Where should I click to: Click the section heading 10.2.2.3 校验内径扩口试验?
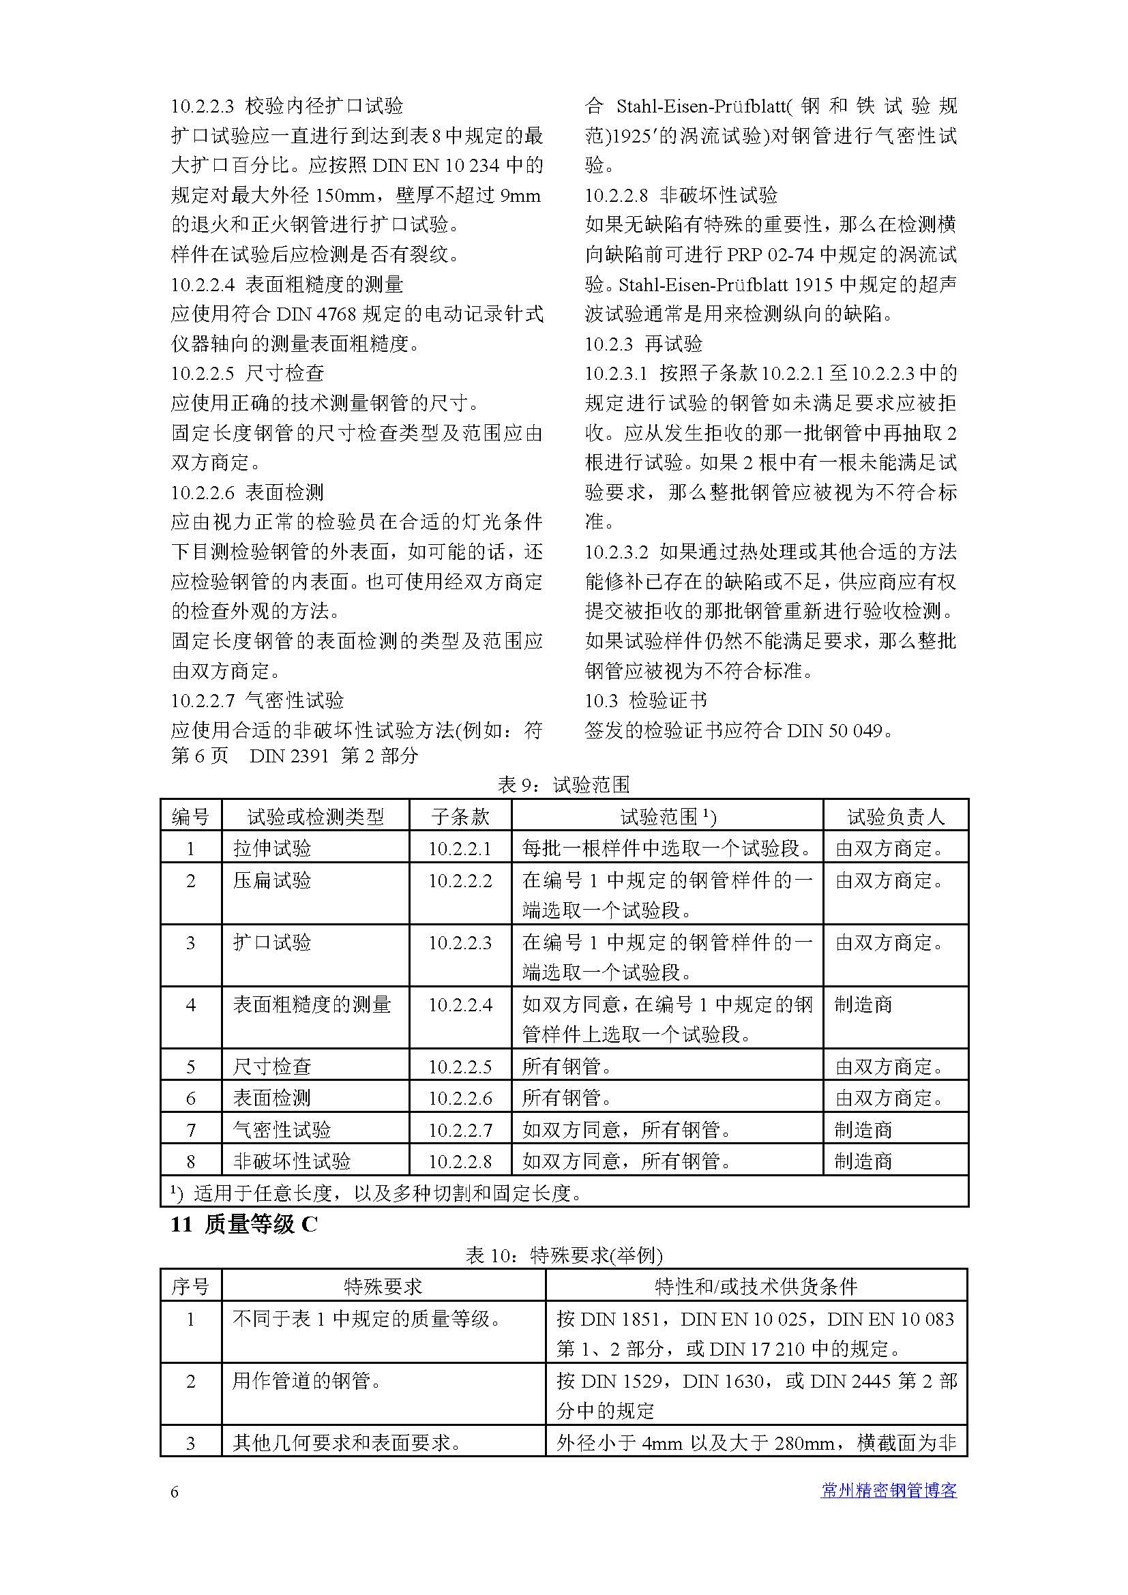[x=287, y=106]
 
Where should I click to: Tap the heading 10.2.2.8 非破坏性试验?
[x=681, y=195]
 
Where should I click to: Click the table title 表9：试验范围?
[x=563, y=786]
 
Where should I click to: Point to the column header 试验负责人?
[x=895, y=816]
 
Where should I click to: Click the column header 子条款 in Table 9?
[x=460, y=816]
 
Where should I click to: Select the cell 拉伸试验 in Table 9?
[x=272, y=848]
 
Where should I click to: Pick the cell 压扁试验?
[x=272, y=881]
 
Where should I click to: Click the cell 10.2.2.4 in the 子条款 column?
[x=460, y=1005]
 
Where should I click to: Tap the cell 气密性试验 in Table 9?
[x=282, y=1130]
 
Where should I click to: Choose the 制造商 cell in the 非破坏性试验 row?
[x=863, y=1161]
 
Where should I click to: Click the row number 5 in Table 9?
[x=191, y=1067]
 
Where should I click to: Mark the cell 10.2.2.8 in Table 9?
[x=460, y=1161]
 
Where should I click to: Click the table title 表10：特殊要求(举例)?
[x=563, y=1256]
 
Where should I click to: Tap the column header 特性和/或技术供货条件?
[x=756, y=1287]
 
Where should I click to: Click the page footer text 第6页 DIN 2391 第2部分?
[x=295, y=756]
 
